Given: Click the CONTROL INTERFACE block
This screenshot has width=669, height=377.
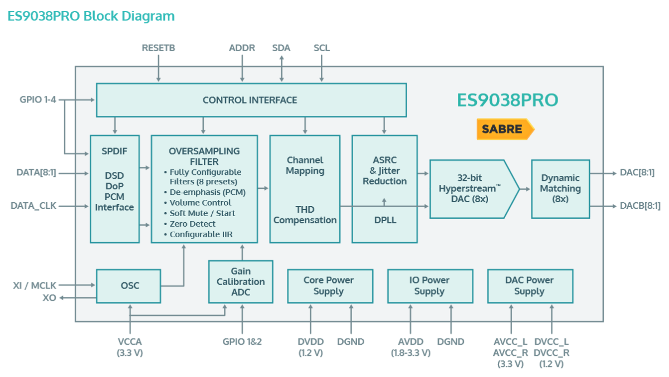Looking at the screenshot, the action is click(x=251, y=100).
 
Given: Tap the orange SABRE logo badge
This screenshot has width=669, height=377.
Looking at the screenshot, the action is click(x=505, y=129).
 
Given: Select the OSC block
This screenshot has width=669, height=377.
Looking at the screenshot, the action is click(x=129, y=286).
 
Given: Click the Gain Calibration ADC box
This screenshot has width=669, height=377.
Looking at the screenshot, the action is click(x=241, y=281).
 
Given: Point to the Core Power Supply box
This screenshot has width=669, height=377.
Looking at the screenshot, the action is click(x=330, y=286).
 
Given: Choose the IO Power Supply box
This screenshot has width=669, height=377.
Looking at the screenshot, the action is click(x=430, y=286).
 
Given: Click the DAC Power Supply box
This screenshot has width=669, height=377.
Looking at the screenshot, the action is click(x=530, y=286).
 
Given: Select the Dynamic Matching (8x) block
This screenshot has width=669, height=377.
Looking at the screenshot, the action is click(x=560, y=189).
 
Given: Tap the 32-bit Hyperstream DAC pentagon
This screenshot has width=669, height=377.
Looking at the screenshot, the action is click(x=474, y=189).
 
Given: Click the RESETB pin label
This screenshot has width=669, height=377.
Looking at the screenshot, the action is click(x=158, y=48).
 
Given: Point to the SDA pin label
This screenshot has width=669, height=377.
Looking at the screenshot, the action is click(x=281, y=48).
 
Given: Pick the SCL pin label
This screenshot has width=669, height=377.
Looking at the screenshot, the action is click(x=321, y=48).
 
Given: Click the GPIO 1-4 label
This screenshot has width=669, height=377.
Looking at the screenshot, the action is click(x=38, y=99).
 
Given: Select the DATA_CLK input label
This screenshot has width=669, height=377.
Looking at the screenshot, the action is click(x=33, y=205).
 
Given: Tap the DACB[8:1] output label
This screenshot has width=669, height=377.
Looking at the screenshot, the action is click(x=640, y=205).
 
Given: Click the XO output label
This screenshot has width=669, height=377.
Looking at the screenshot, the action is click(x=49, y=297).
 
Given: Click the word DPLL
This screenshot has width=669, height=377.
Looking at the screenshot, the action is click(x=385, y=220).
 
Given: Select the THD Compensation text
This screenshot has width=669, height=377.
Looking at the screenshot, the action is click(x=305, y=214).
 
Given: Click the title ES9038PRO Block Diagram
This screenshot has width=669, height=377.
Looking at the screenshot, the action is click(x=91, y=16).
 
